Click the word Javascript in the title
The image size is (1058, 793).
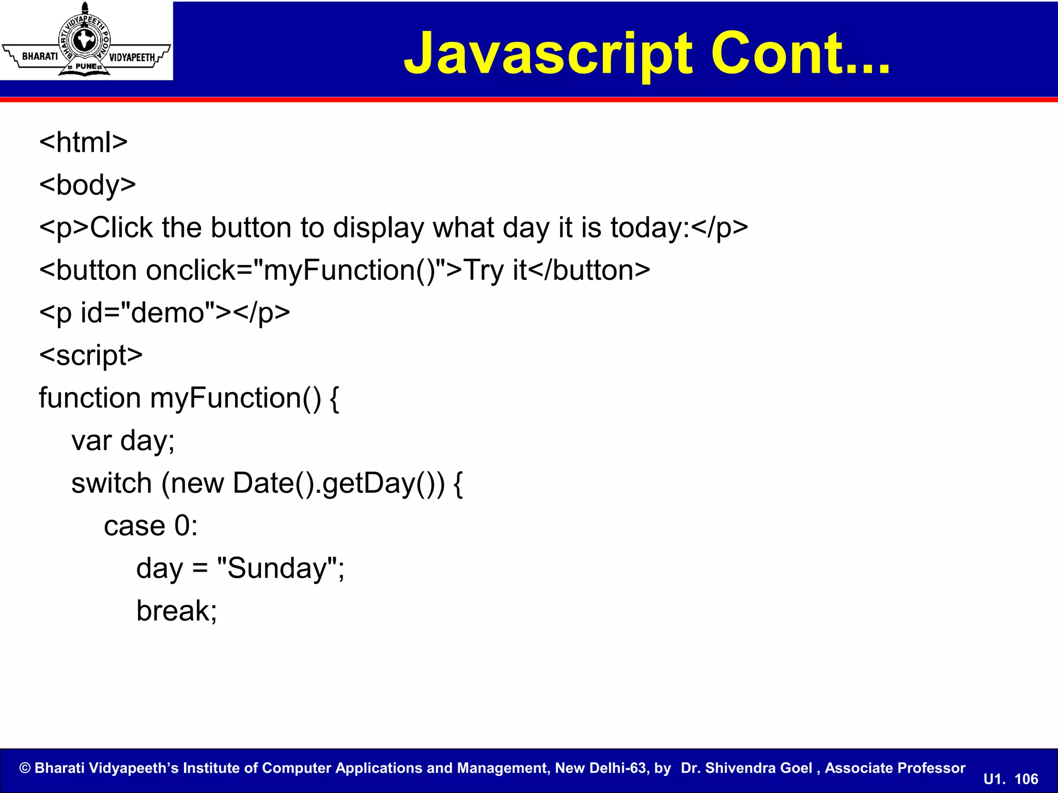click(548, 54)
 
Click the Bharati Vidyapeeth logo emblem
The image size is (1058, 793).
click(85, 41)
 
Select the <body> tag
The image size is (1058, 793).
click(87, 185)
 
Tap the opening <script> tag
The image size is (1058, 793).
click(91, 355)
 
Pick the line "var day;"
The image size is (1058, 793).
click(123, 441)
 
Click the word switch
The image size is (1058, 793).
click(112, 483)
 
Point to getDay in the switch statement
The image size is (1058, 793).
click(369, 483)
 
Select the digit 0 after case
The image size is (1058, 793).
click(182, 526)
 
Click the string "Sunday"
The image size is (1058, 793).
click(277, 568)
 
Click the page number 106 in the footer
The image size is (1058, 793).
click(1026, 779)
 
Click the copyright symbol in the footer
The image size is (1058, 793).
click(25, 768)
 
